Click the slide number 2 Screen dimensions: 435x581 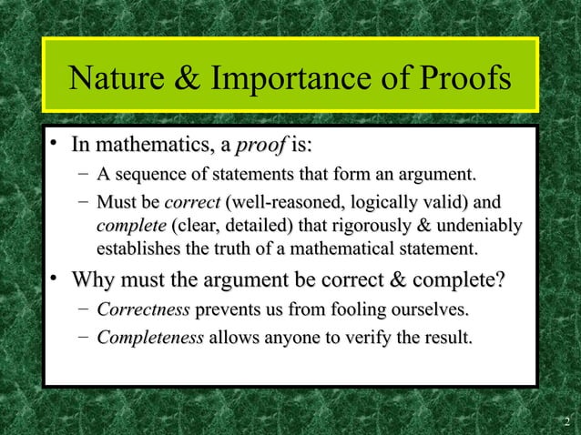point(566,421)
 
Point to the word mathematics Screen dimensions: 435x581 point(158,145)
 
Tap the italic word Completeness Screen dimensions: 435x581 point(150,339)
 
